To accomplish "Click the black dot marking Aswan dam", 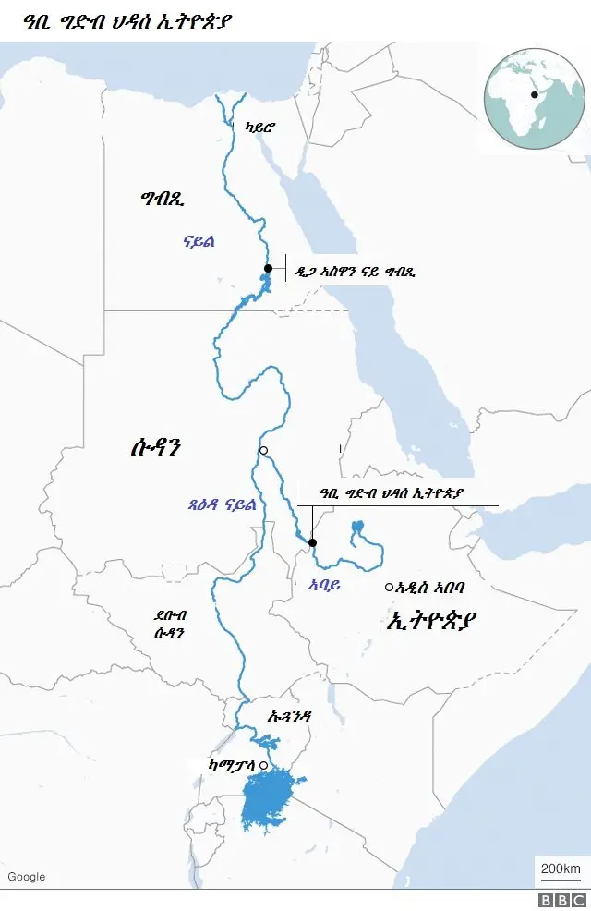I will (x=268, y=268).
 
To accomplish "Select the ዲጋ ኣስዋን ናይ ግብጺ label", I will (x=355, y=273).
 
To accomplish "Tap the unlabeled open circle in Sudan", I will (x=263, y=451).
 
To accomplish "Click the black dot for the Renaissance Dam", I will (x=312, y=542).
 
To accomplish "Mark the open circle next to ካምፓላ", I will (x=263, y=766).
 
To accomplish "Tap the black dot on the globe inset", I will (x=534, y=94).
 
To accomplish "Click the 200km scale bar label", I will (x=560, y=869).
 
